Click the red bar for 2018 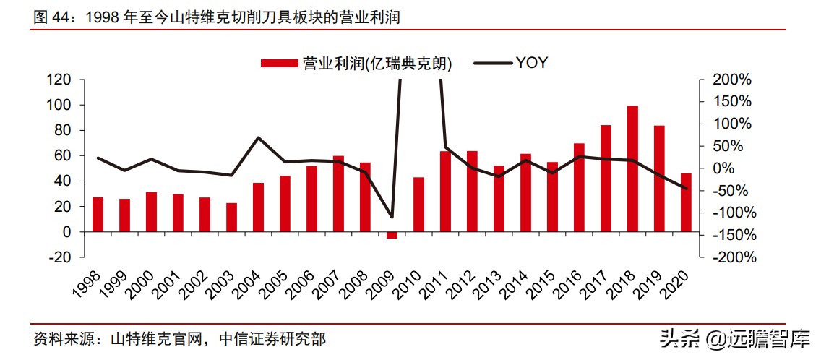[x=632, y=169]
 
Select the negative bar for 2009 [x=392, y=235]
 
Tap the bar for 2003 [x=231, y=218]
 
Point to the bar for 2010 [x=418, y=205]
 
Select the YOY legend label [x=532, y=63]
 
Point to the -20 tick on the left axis [x=60, y=257]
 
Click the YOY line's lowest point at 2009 [x=392, y=217]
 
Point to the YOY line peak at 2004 [x=258, y=137]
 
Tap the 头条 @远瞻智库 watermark [x=735, y=338]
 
